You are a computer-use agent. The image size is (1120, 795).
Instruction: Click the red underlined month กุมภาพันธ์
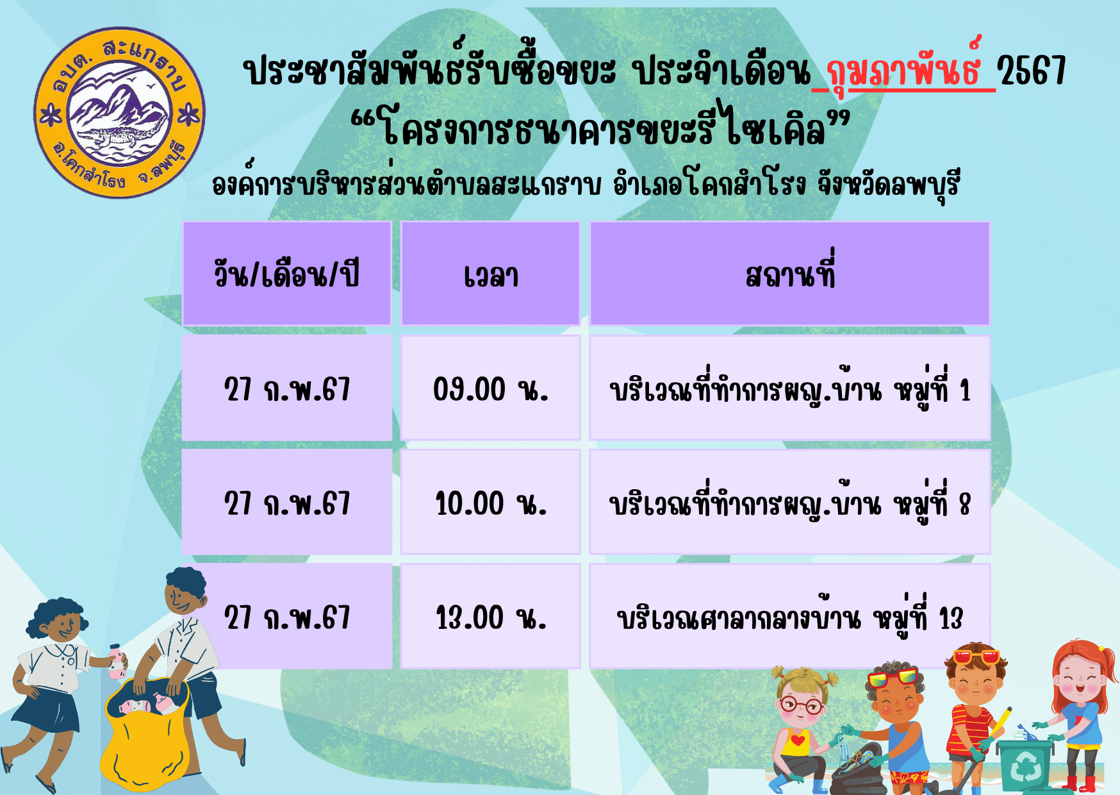903,69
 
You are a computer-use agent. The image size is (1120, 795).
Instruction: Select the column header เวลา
491,274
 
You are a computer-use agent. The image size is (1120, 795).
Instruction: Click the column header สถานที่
790,274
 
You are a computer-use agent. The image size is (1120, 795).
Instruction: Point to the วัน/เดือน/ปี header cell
287,274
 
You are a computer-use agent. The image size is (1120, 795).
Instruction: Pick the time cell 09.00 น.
491,388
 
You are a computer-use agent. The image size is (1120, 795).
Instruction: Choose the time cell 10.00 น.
491,502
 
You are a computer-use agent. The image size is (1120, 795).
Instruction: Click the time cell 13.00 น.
491,616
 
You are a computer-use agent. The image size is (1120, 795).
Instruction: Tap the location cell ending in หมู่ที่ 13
790,616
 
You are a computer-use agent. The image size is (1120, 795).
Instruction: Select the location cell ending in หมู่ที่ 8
790,502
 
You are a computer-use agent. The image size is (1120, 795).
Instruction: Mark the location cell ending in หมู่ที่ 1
790,388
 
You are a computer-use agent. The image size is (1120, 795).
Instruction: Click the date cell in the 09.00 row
287,388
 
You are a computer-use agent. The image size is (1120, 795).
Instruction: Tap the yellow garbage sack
145,737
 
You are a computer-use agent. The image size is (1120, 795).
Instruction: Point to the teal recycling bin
1025,763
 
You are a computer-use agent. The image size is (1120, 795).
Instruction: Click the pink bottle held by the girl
116,662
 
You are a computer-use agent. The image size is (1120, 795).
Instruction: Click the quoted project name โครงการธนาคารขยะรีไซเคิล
602,127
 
